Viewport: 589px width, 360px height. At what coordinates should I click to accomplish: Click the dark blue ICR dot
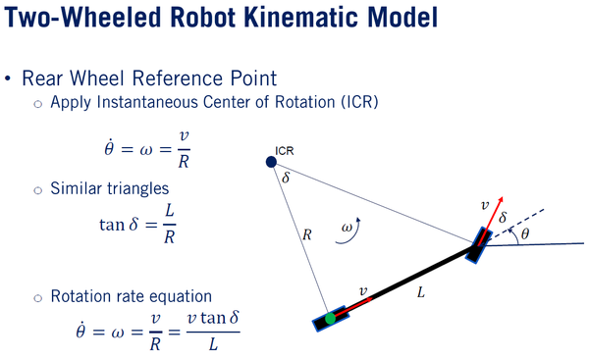(271, 161)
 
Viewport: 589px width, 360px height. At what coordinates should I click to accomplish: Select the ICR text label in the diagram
(286, 151)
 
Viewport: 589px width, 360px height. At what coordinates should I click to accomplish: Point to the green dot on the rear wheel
(331, 319)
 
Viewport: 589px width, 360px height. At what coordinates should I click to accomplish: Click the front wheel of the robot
(477, 244)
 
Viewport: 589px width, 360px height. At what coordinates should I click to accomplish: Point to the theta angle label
(524, 234)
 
